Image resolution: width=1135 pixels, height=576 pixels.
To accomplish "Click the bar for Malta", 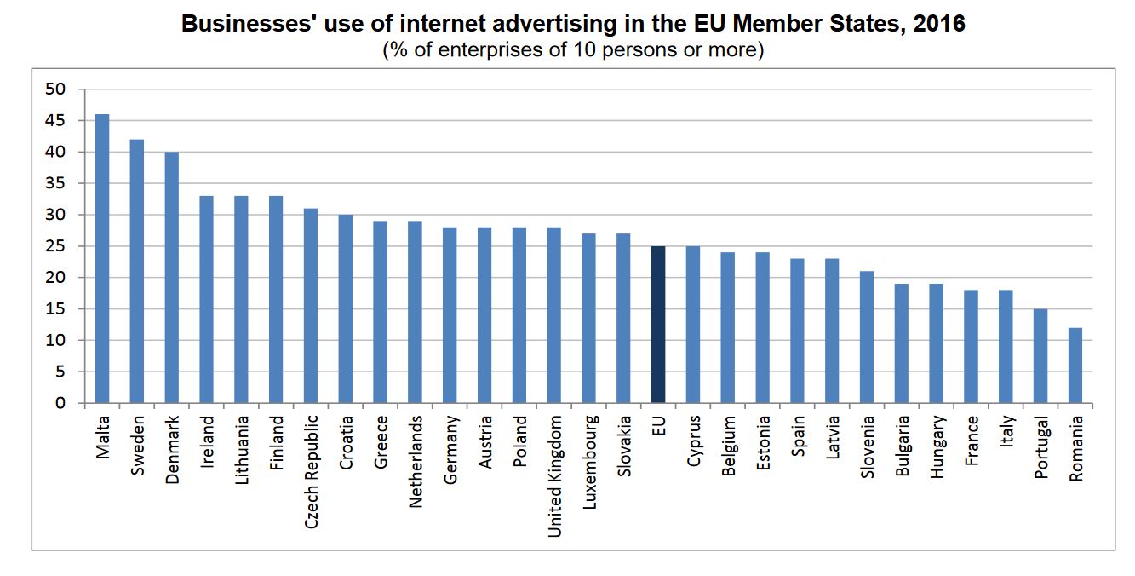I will point(102,258).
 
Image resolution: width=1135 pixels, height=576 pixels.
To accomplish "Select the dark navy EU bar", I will point(658,325).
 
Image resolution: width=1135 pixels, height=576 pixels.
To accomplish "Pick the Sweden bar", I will point(137,271).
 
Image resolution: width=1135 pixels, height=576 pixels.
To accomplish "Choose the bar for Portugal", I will point(1040,355).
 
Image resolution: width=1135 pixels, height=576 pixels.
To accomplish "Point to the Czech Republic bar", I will point(311,305).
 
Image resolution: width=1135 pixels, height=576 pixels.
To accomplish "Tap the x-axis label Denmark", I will point(172,449).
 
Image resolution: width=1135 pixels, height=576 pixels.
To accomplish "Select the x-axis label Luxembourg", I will point(589,461).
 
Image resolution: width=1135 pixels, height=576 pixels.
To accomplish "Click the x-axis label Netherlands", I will point(416,461).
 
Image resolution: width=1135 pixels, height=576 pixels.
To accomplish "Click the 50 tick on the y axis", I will point(55,89).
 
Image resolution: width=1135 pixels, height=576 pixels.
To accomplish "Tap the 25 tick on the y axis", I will point(55,246).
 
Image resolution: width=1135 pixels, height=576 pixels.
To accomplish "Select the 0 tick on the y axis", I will point(60,403).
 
